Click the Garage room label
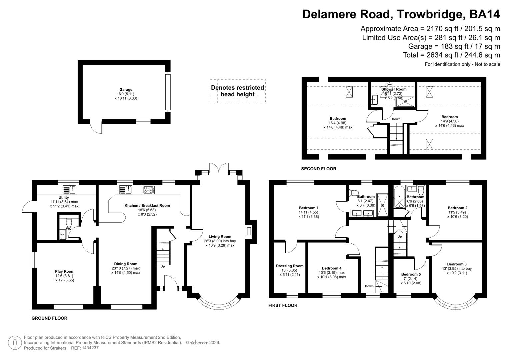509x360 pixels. click(x=126, y=90)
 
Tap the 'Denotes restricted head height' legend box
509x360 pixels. click(x=237, y=91)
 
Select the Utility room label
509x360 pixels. click(x=63, y=198)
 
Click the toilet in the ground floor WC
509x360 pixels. click(x=69, y=222)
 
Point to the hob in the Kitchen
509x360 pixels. click(x=149, y=190)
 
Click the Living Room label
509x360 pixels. click(x=220, y=237)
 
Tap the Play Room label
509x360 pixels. click(x=65, y=271)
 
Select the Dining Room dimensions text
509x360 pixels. click(x=126, y=270)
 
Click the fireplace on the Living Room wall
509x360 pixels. click(x=249, y=231)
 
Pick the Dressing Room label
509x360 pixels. click(x=289, y=266)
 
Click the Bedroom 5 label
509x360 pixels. click(x=411, y=274)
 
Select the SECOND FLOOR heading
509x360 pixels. click(x=318, y=169)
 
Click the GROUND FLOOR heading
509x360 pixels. click(x=49, y=318)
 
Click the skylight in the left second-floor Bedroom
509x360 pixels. click(x=349, y=92)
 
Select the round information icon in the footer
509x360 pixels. click(x=14, y=343)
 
